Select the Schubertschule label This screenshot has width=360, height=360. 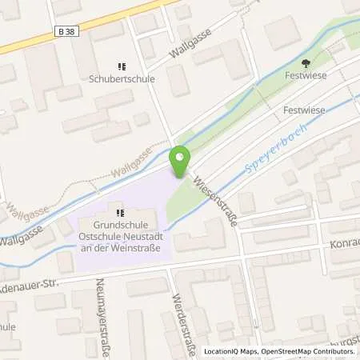coord(122,79)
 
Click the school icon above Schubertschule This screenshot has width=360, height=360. coord(122,66)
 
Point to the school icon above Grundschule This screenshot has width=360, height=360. coord(120,213)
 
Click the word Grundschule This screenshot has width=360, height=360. coord(120,225)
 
